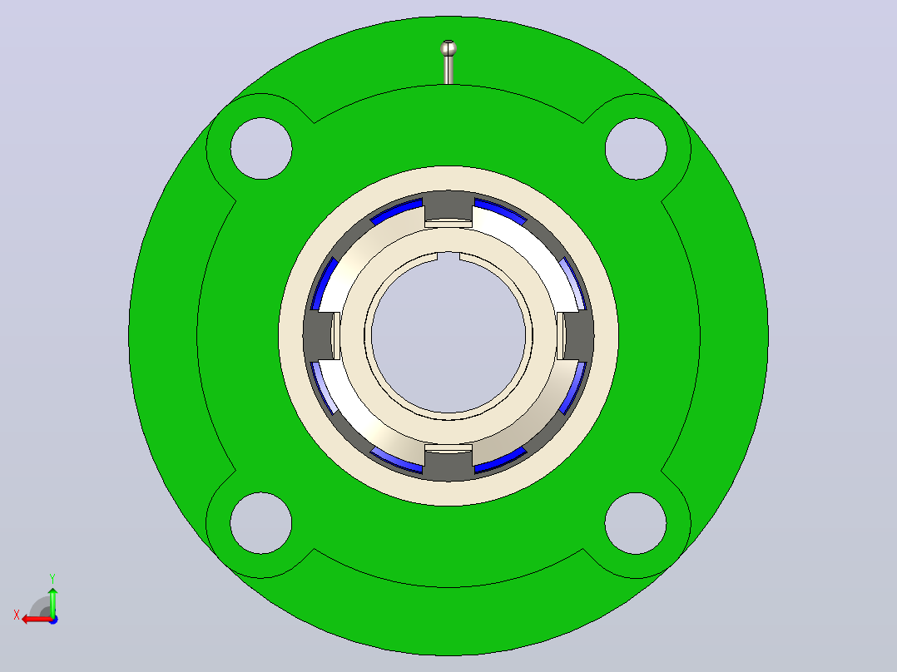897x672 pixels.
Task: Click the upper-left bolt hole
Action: tap(261, 148)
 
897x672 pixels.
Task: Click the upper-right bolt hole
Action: tap(636, 148)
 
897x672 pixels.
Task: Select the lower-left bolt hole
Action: tap(261, 523)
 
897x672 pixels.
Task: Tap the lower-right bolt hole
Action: tap(636, 523)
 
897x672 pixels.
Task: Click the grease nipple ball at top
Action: tap(448, 48)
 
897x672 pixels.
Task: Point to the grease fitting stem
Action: tap(448, 70)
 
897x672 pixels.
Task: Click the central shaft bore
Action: tap(448, 336)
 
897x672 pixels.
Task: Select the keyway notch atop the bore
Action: tap(448, 256)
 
